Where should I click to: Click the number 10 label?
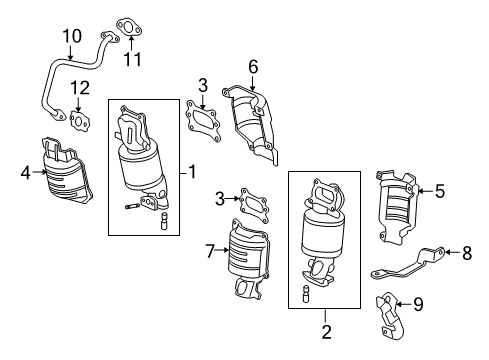coord(71,37)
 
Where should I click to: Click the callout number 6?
coord(253,67)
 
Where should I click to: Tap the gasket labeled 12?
coord(78,120)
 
